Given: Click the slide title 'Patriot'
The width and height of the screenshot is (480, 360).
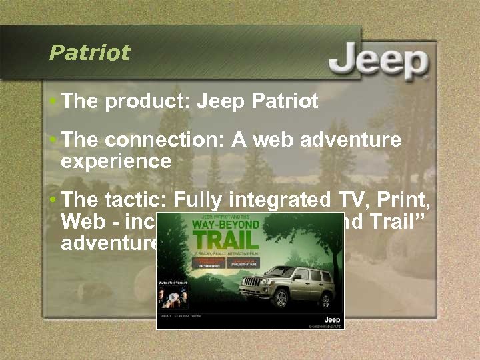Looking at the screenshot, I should coord(89,53).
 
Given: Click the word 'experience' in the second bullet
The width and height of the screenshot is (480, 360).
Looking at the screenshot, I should coord(115,161).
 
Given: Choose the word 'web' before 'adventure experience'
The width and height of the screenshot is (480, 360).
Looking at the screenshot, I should coord(257,140).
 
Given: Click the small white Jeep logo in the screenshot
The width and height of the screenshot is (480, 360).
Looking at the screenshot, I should coord(331,320).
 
